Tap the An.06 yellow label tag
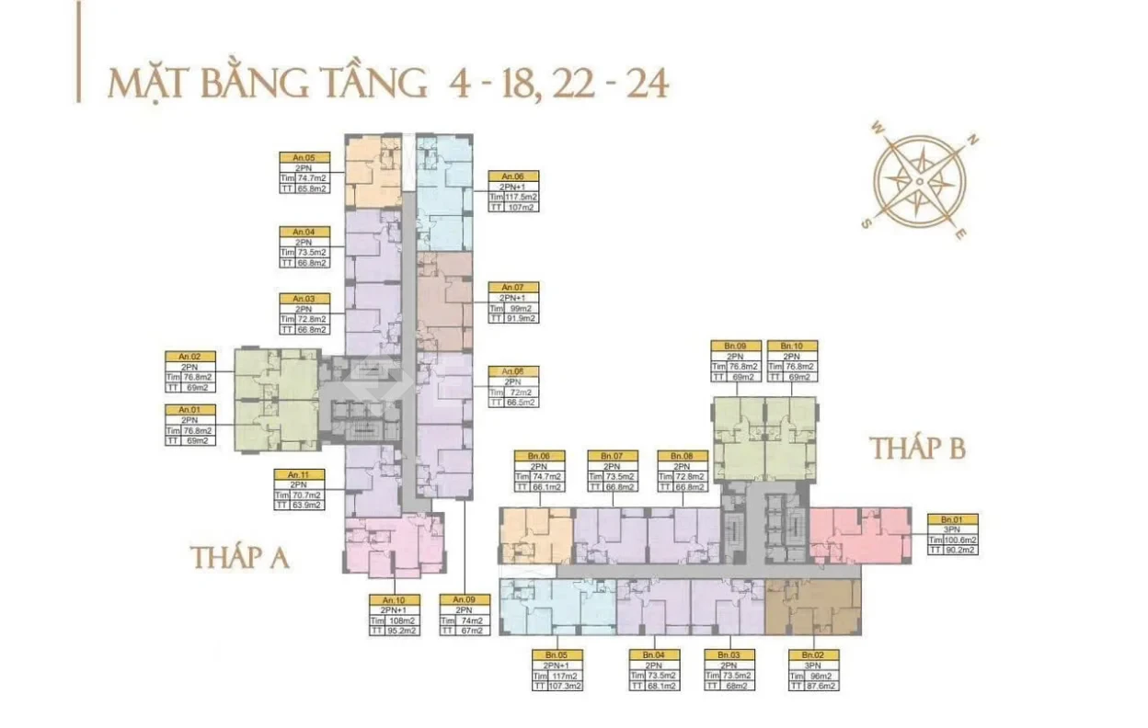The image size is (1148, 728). coord(512,176)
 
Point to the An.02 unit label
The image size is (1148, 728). coord(189,356)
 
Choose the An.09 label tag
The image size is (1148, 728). coord(464,599)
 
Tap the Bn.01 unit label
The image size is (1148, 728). coord(952,519)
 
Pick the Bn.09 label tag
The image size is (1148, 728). coord(735,346)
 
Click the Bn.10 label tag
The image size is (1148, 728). coord(791,346)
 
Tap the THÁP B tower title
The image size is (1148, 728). coord(918,449)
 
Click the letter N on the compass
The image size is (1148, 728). coord(972,141)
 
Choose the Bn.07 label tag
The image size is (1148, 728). coord(613,456)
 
